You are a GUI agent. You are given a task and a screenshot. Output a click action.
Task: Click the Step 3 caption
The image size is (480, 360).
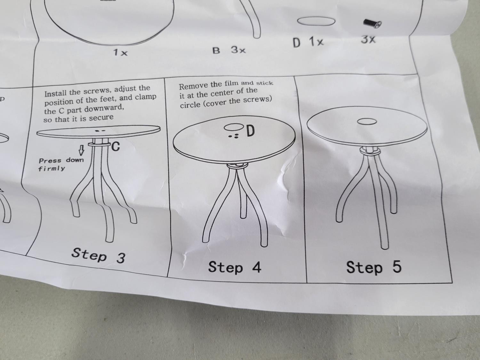tap(99, 255)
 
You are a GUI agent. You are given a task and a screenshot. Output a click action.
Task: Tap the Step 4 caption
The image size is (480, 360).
tap(235, 267)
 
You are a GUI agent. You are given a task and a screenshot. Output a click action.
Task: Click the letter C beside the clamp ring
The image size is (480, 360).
tap(116, 147)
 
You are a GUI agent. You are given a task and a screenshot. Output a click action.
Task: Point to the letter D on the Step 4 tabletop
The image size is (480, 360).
tap(251, 131)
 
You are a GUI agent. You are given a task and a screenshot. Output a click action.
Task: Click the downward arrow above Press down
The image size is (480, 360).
tap(82, 150)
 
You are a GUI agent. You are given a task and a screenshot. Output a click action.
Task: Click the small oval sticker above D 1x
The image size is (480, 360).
tap(316, 21)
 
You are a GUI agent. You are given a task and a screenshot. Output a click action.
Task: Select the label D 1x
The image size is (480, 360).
tap(308, 42)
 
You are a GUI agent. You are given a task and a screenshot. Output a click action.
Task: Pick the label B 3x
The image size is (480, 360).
tap(229, 50)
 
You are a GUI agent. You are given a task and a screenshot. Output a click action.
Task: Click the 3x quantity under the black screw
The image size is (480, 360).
tap(368, 40)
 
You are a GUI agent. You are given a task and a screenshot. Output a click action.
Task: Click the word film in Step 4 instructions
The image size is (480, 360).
tap(231, 84)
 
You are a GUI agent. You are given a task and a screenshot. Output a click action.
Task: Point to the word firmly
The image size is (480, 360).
tap(52, 169)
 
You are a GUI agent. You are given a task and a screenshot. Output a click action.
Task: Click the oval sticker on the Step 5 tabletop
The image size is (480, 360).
tap(367, 122)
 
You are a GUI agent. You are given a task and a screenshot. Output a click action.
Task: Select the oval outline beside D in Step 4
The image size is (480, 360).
tap(234, 127)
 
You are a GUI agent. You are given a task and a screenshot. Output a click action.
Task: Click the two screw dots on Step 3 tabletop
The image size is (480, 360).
tap(100, 131)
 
